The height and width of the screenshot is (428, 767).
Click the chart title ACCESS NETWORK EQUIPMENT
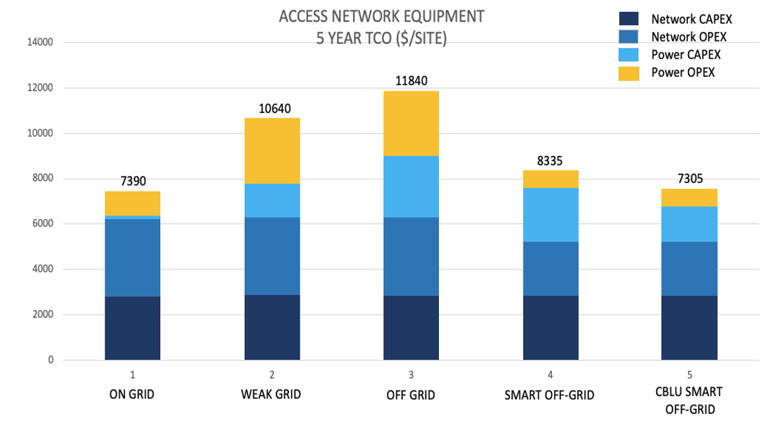(381, 16)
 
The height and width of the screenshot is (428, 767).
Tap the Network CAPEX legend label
(691, 19)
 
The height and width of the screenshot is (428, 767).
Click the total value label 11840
(411, 81)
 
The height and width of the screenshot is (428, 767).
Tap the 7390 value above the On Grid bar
(132, 181)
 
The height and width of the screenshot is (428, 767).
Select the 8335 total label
(551, 161)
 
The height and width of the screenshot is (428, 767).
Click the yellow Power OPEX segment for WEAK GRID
(272, 150)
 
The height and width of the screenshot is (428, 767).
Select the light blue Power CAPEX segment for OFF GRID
(411, 186)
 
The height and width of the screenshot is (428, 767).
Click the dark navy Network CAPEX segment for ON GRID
(132, 328)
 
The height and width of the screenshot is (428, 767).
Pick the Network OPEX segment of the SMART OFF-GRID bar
(551, 269)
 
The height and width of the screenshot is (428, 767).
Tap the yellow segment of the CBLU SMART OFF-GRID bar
(690, 197)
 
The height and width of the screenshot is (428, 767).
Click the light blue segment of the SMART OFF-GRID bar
(551, 215)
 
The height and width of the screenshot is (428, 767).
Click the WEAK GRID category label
(272, 395)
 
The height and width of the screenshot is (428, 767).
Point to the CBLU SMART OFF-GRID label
(689, 400)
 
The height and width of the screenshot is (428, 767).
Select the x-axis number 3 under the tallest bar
(411, 375)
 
